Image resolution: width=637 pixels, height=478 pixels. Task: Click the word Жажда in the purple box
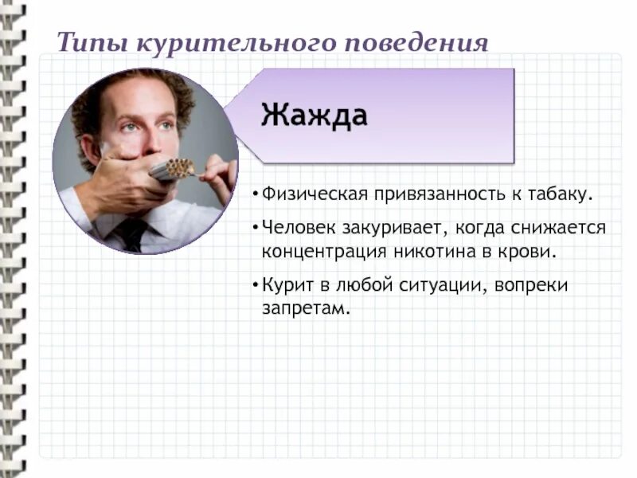coord(315,116)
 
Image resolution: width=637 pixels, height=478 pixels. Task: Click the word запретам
coord(307,308)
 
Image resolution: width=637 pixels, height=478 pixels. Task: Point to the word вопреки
coord(530,285)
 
